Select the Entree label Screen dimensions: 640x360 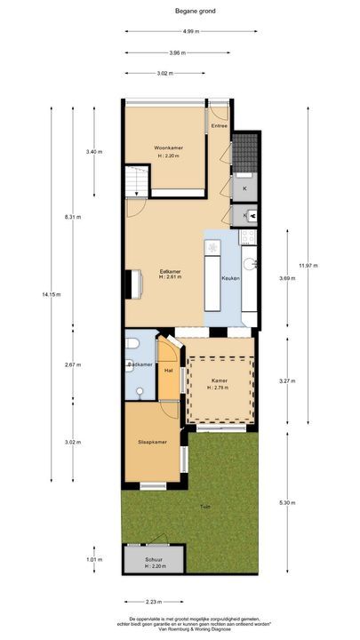[220, 126]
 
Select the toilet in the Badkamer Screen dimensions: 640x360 [132, 344]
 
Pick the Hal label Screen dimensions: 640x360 [168, 370]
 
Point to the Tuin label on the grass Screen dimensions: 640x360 [204, 508]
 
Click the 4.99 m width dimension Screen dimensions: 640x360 [190, 31]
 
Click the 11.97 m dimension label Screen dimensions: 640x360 [308, 266]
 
